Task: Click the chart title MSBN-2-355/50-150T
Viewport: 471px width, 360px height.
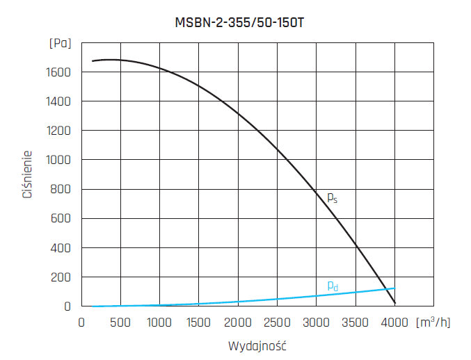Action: click(239, 22)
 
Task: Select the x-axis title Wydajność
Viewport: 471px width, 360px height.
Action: click(257, 345)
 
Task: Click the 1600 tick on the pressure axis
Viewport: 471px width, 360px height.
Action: click(59, 72)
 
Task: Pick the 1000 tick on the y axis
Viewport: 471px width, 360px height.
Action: click(59, 160)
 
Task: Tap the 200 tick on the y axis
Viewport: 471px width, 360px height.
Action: click(62, 277)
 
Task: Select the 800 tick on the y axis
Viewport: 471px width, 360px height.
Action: click(62, 189)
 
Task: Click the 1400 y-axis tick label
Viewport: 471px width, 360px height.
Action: click(59, 101)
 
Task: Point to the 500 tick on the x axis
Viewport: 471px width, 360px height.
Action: click(121, 322)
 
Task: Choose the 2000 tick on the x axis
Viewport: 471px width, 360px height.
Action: click(239, 322)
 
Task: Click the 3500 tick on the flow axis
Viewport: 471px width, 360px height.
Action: click(356, 322)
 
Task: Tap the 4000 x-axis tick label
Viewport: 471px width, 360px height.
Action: click(395, 322)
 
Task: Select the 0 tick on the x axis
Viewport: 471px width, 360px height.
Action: click(81, 322)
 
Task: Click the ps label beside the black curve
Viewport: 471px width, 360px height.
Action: click(333, 197)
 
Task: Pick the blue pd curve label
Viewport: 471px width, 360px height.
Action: click(333, 285)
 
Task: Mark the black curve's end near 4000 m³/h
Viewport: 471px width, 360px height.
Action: click(395, 304)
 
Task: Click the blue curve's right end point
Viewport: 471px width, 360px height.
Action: click(394, 288)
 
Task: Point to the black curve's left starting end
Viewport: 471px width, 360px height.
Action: click(93, 61)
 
